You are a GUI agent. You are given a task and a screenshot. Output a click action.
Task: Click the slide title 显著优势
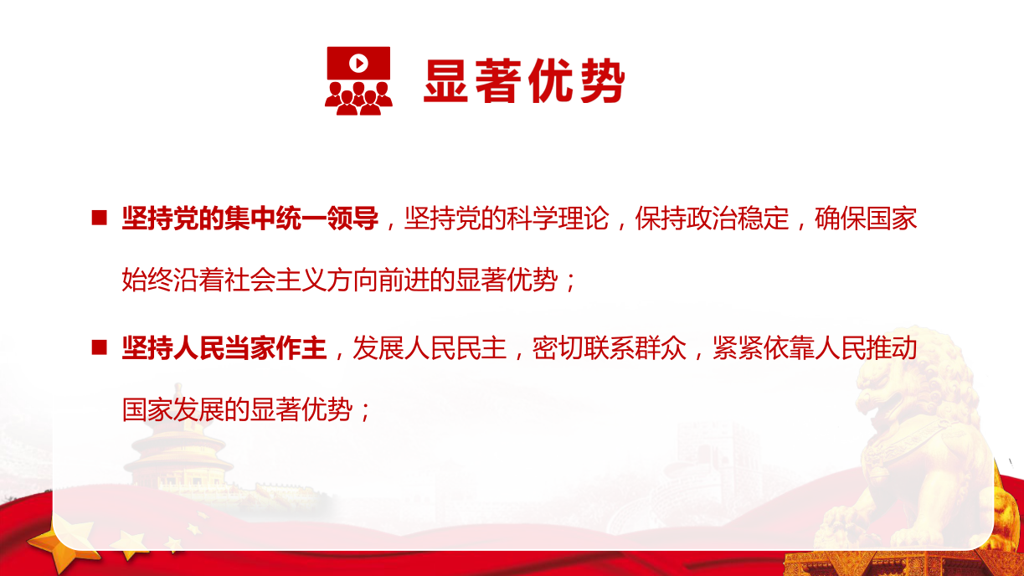pos(524,80)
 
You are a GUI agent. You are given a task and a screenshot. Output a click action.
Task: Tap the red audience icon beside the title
pos(359,80)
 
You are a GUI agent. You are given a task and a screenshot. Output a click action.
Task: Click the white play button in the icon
pos(359,63)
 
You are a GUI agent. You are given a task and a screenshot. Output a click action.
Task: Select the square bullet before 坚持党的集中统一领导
pos(99,218)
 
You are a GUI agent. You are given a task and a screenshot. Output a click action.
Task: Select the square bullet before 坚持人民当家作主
pos(99,347)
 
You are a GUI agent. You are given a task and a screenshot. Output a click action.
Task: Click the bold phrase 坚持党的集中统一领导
pos(250,218)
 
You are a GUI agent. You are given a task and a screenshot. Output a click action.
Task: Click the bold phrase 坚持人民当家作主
pos(224,348)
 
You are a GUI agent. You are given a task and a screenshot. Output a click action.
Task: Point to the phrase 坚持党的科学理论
pos(507,218)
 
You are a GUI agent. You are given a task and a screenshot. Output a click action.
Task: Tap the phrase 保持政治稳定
pos(712,218)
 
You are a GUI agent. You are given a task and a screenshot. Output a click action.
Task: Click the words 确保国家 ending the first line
pos(866,218)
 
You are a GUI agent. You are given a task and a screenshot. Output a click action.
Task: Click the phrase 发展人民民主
pos(430,348)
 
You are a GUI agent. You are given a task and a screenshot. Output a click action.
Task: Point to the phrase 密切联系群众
pos(610,348)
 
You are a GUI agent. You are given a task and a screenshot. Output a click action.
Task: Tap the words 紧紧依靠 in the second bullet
pos(764,348)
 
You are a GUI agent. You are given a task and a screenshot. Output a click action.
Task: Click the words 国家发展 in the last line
pos(172,409)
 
